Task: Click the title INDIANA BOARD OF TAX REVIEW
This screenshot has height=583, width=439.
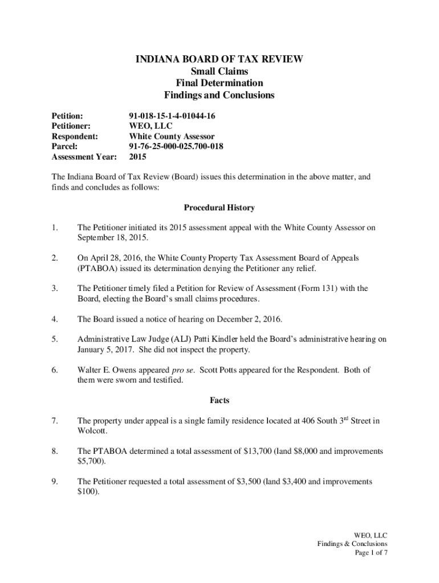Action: tap(219, 59)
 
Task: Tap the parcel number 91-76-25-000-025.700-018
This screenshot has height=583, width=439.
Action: tap(176, 146)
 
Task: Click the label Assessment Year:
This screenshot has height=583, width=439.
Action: tap(84, 157)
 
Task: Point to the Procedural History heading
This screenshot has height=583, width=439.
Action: tap(219, 208)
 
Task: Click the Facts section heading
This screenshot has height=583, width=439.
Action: tap(219, 400)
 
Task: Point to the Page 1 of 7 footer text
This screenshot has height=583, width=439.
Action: tap(371, 553)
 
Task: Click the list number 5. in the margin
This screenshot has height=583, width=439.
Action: tap(54, 339)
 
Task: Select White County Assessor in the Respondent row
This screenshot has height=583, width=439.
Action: tap(172, 136)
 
